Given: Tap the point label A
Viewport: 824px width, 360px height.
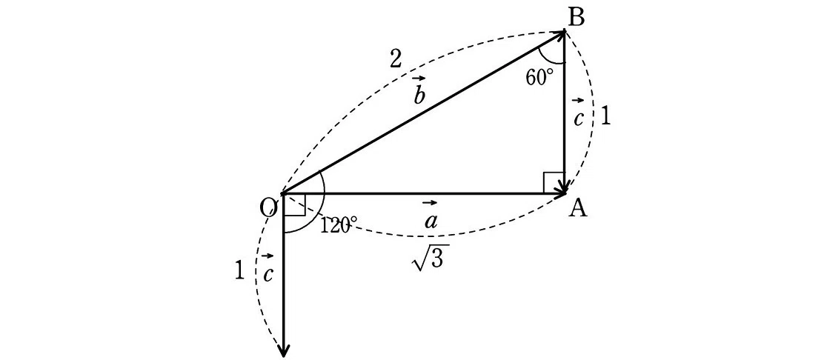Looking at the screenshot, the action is tap(578, 209).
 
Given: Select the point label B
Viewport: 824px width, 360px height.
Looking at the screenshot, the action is tap(577, 19).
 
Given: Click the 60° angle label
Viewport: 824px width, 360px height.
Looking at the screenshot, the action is tap(539, 78).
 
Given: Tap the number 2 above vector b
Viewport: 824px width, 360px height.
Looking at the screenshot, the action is tap(395, 61).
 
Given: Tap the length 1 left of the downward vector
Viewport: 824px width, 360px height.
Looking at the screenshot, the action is tap(239, 271).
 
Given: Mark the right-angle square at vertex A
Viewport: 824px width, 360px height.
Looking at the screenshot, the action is tap(554, 182).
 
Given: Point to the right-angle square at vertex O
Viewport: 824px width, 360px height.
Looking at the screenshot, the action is tap(294, 205).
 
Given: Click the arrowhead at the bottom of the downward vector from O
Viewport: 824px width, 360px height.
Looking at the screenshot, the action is tap(284, 348).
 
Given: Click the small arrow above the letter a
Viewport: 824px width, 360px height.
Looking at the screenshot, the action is tap(429, 203).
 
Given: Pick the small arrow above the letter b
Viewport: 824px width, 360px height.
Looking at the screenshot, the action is tap(419, 79).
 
